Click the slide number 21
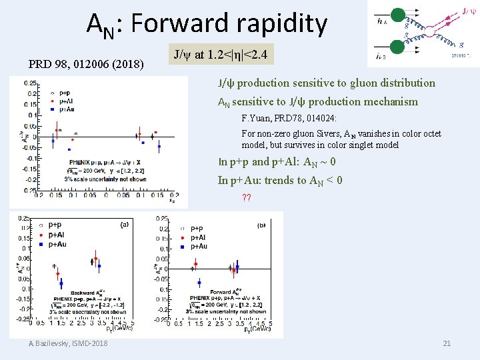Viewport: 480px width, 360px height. coord(447,343)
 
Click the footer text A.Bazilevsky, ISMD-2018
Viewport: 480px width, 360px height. coord(68,343)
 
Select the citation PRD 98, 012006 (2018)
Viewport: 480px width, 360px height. coord(86,65)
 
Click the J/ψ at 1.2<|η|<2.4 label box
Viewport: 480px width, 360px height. coord(221,54)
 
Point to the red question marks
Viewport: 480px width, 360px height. coord(246,197)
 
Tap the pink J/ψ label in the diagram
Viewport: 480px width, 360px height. coord(469,11)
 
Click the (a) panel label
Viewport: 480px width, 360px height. coord(124,225)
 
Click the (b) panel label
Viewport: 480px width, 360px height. coord(261,225)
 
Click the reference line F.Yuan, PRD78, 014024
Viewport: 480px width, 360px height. coord(289,118)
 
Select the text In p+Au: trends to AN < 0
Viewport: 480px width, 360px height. coord(280,180)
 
